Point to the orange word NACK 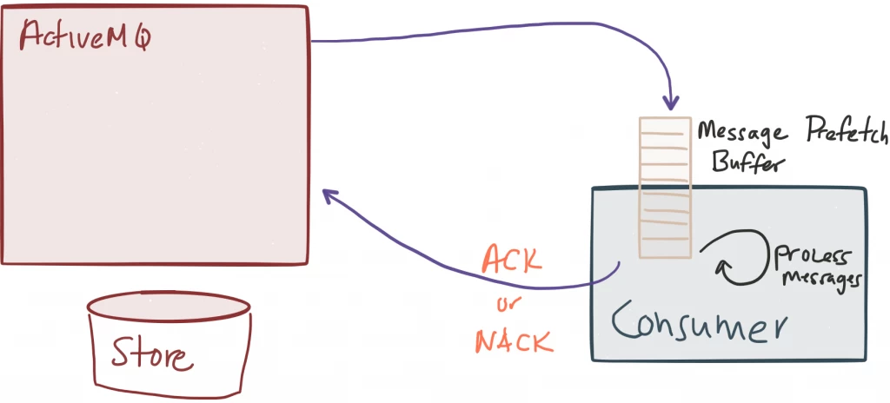515,342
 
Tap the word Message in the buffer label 742,134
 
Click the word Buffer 747,163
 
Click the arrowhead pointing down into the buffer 672,104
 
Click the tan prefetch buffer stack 665,188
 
